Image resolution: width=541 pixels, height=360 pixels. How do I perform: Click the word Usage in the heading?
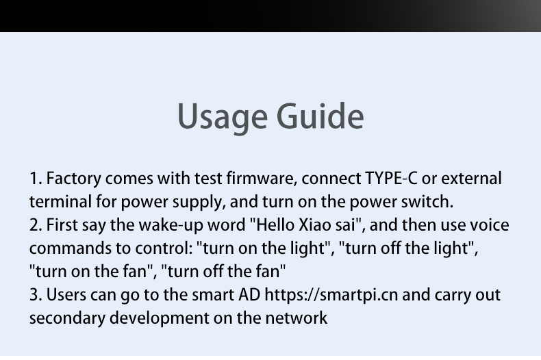tap(223, 117)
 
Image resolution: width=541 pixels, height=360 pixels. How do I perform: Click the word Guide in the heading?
tap(320, 116)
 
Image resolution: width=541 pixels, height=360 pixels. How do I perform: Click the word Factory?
tap(74, 179)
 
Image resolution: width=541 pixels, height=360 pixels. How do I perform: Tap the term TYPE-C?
tap(391, 179)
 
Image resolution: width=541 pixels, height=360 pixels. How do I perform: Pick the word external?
tap(471, 179)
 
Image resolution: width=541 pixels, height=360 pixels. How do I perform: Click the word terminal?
tap(60, 202)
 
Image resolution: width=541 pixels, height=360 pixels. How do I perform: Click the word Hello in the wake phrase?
tap(275, 224)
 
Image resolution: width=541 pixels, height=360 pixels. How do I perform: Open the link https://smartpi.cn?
tap(331, 296)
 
